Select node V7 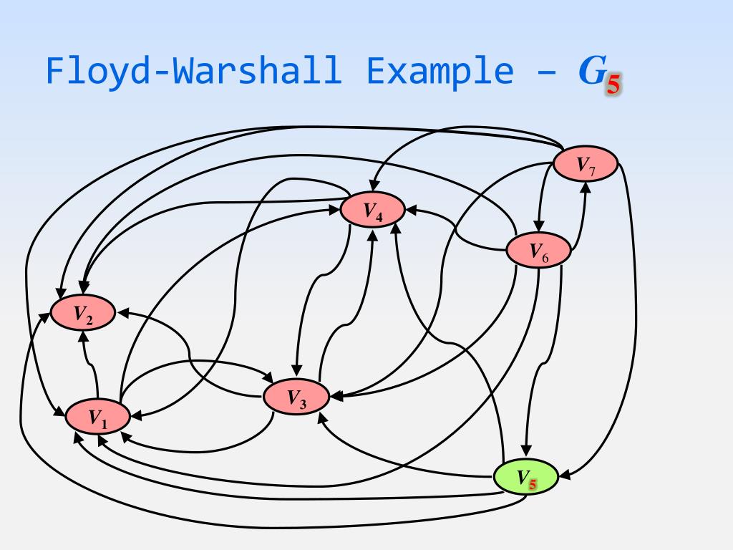pyautogui.click(x=586, y=165)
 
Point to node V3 pyautogui.click(x=296, y=397)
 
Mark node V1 pyautogui.click(x=97, y=417)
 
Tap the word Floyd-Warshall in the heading pyautogui.click(x=193, y=71)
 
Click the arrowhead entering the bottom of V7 pyautogui.click(x=586, y=188)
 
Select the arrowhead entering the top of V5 pyautogui.click(x=526, y=452)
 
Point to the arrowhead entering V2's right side pyautogui.click(x=122, y=313)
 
